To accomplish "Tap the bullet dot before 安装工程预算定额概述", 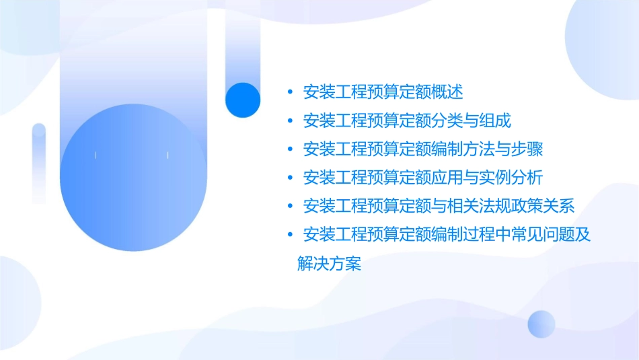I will click(289, 92).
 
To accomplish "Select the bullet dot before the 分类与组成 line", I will click(289, 121).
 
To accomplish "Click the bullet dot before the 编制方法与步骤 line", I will click(289, 149).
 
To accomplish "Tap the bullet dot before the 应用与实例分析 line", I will click(289, 178).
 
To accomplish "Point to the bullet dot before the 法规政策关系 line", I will click(289, 206).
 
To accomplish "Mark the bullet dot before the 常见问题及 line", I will click(289, 235).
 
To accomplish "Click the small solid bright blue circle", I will click(242, 100).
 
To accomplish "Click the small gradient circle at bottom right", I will click(541, 324).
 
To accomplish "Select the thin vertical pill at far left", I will click(39, 161).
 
